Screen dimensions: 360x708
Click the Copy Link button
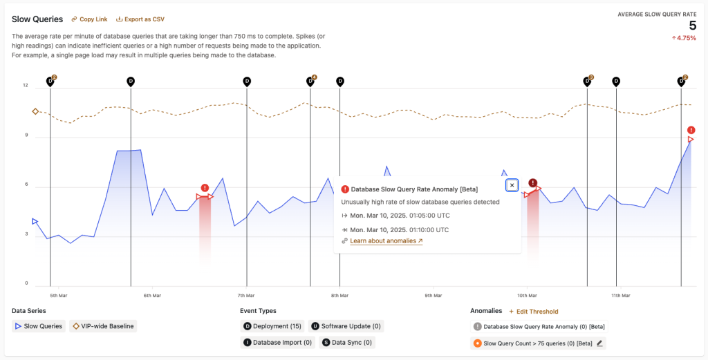tap(89, 19)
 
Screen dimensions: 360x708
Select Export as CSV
tap(140, 19)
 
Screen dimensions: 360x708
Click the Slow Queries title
tap(37, 19)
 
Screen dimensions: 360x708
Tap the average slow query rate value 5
tap(692, 26)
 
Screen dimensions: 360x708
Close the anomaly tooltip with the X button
tap(512, 185)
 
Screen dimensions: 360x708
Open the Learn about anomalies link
tap(386, 241)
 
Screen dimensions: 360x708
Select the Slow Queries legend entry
tap(39, 326)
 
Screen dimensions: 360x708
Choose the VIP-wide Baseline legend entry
tap(103, 326)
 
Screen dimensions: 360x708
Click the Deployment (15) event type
tap(272, 326)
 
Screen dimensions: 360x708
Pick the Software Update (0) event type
tap(346, 326)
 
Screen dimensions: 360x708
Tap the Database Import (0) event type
tap(277, 342)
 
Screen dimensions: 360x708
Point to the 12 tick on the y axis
tap(26, 86)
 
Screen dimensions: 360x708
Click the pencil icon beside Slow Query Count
tap(599, 343)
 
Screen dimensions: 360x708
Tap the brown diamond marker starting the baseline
tap(35, 111)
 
